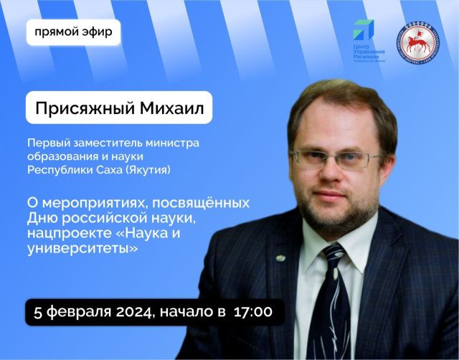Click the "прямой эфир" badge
click(73, 32)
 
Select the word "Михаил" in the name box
click(169, 108)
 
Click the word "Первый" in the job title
click(46, 143)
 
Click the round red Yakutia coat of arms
click(418, 42)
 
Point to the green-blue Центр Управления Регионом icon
click(362, 30)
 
